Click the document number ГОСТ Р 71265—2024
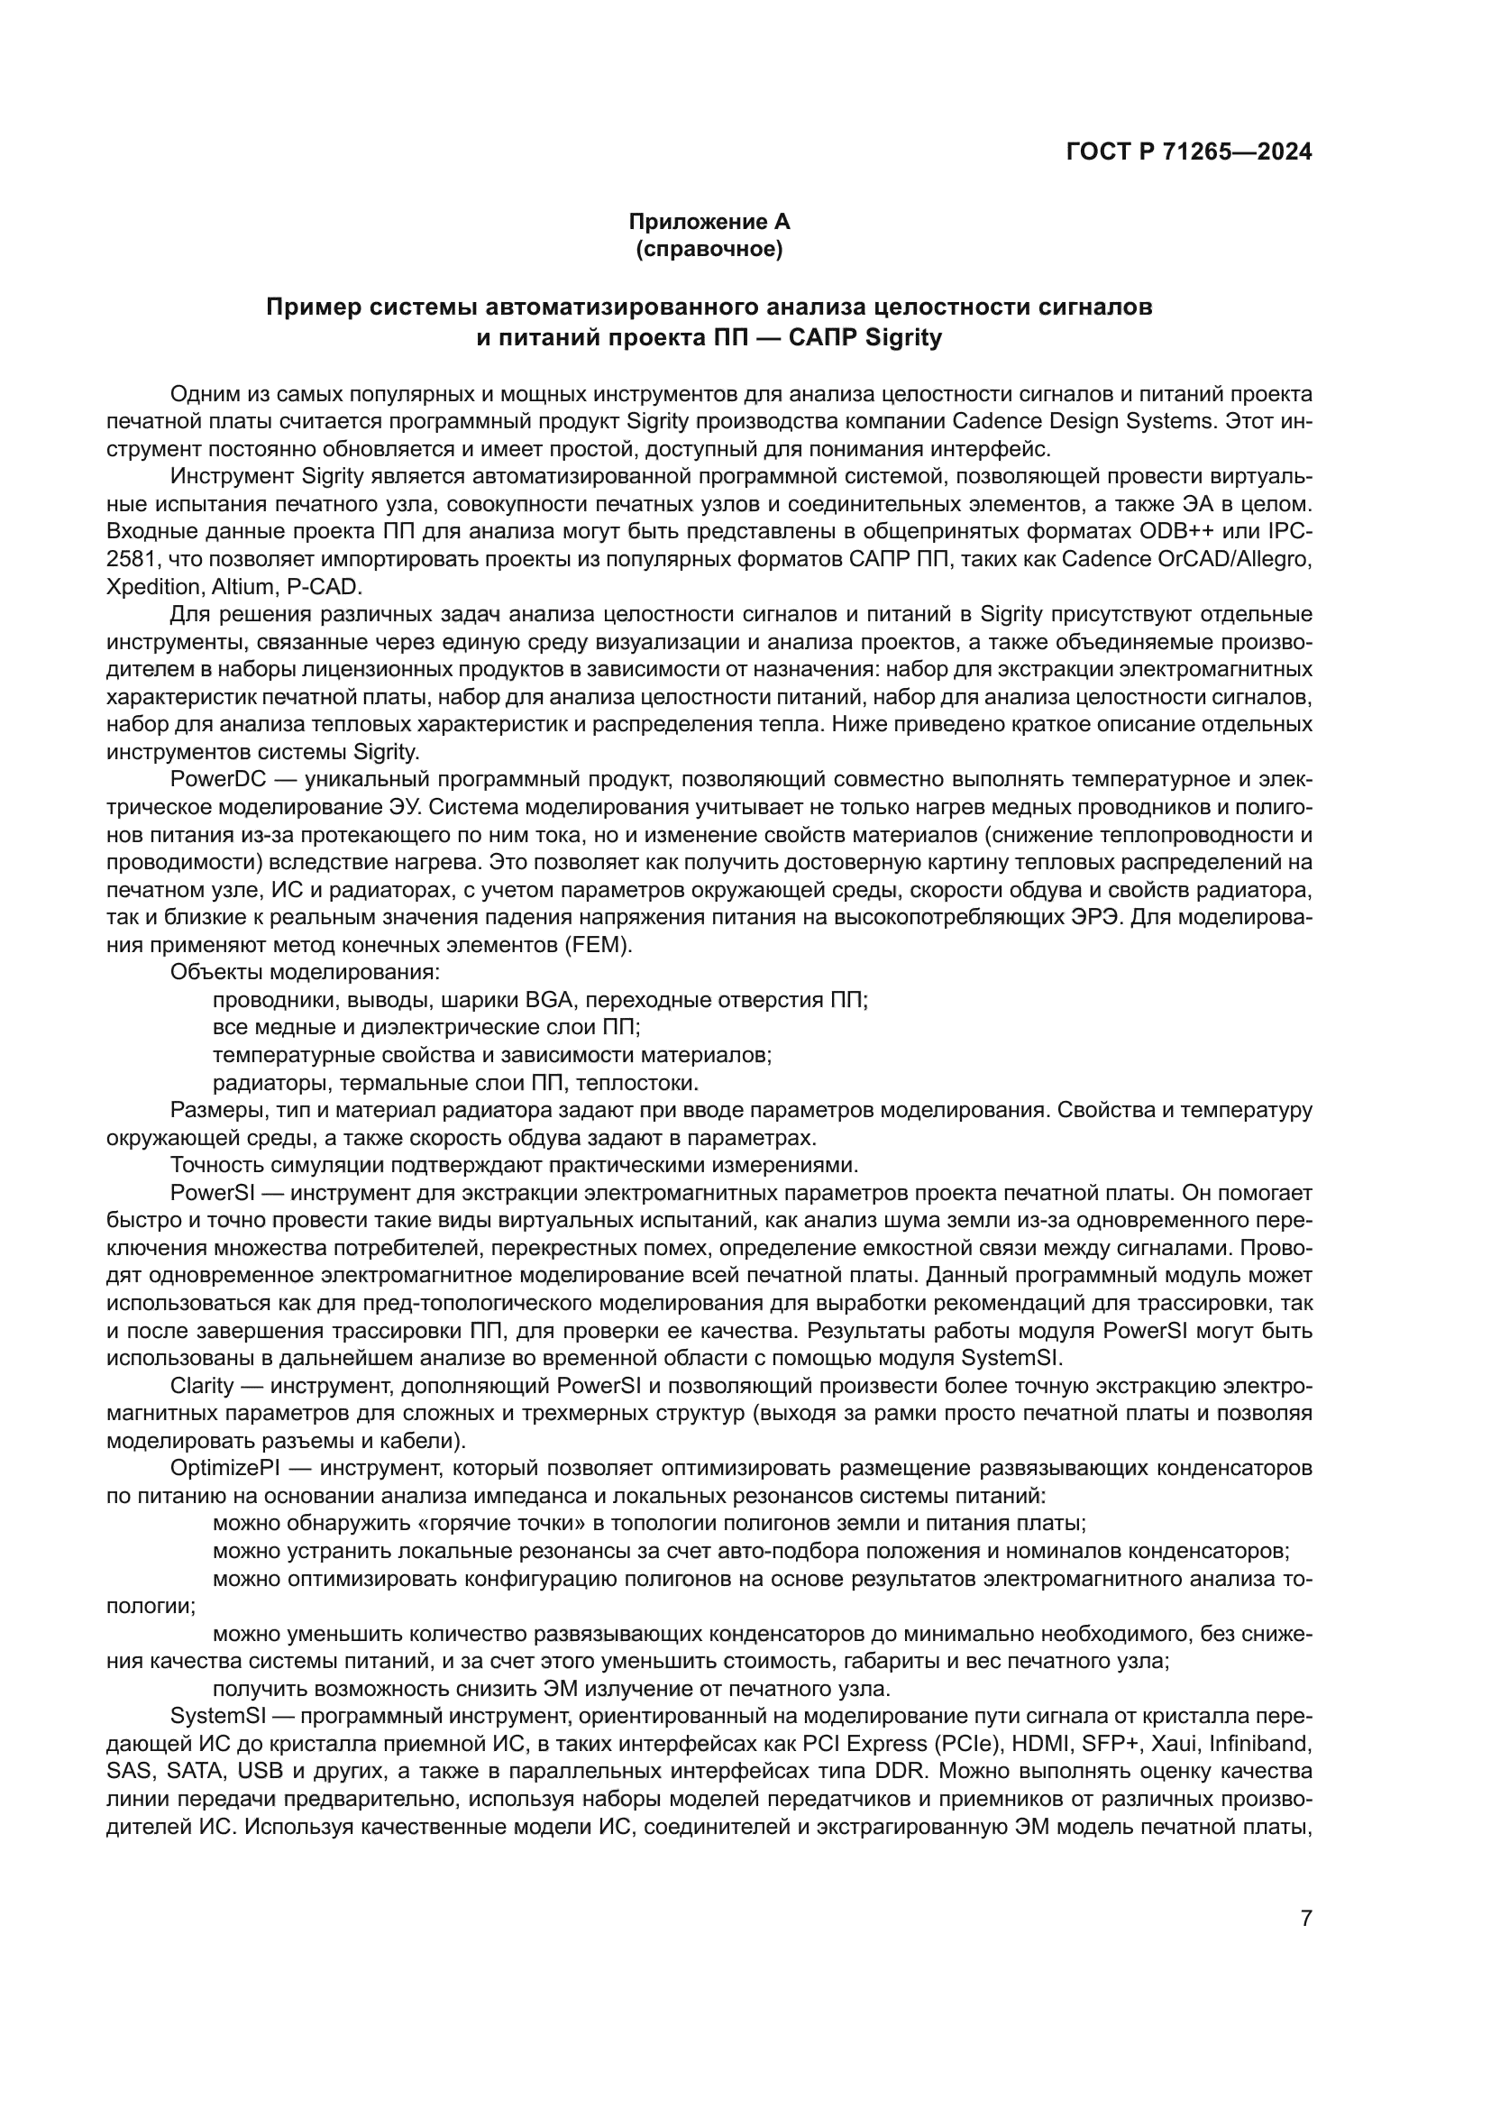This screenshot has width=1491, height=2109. coord(1188,152)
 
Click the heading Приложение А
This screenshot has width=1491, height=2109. coord(709,223)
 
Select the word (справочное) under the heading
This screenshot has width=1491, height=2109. coord(709,249)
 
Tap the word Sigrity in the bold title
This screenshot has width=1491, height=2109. coord(904,338)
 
